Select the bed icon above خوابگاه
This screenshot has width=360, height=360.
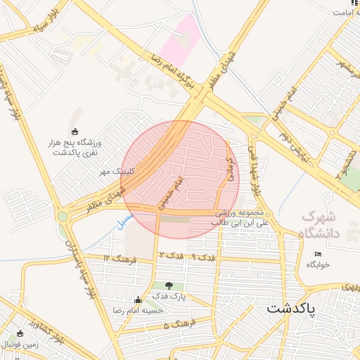(319, 254)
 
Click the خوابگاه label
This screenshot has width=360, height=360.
(319, 264)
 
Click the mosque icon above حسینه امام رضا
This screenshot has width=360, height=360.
(146, 300)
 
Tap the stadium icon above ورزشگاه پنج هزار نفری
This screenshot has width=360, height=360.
(76, 131)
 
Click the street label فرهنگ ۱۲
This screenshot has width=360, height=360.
(116, 258)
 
